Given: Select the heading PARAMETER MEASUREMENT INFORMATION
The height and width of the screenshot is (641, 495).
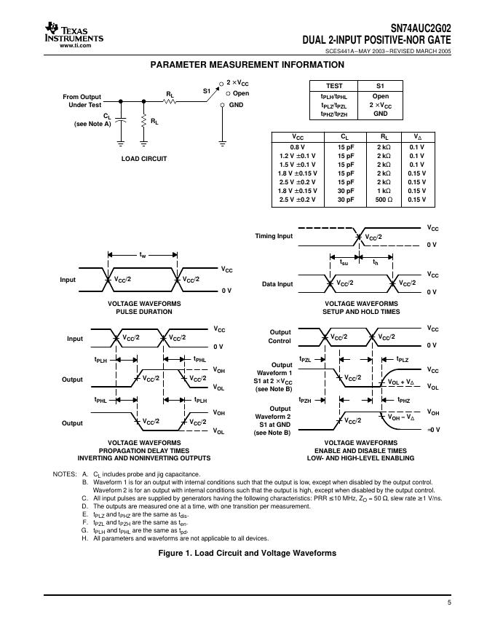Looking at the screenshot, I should point(247,65).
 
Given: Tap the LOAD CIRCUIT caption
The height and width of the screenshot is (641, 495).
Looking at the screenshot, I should point(144,158).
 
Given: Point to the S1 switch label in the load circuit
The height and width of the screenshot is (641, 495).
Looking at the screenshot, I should point(206,90).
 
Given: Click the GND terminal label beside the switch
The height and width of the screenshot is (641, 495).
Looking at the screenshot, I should point(237,105).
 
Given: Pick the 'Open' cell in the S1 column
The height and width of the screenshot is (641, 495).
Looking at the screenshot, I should point(381,96).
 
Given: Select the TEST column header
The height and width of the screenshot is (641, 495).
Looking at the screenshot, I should point(334,86).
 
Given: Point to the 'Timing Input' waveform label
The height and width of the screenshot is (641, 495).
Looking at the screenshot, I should point(274,236).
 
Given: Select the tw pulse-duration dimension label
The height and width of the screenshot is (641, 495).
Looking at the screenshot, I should point(143,256).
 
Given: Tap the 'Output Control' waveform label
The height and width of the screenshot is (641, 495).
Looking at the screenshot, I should point(280,336).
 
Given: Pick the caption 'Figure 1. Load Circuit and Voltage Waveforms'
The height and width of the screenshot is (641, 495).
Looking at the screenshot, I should point(247,553).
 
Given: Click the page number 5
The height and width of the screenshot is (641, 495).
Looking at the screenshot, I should point(449,603).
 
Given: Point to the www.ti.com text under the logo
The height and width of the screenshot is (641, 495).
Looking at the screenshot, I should point(75,45).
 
